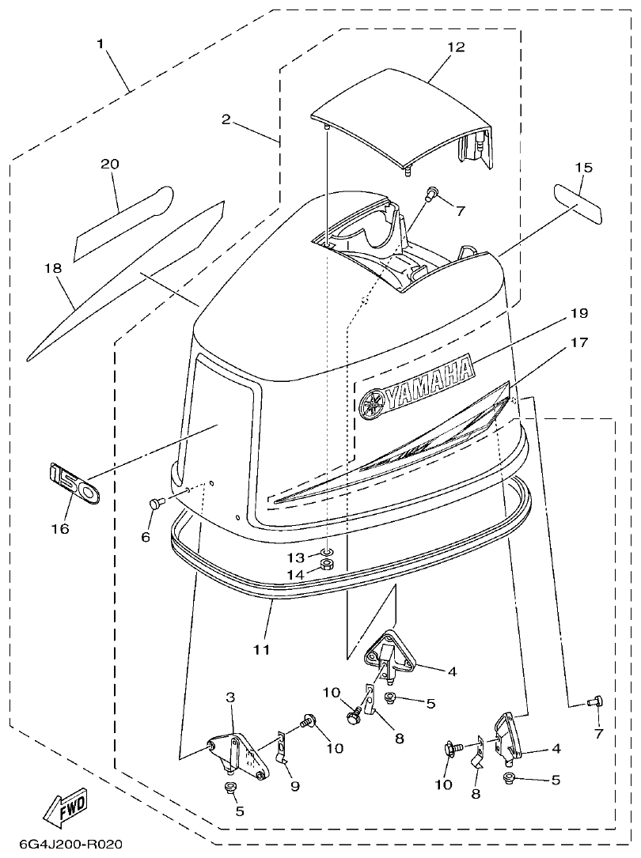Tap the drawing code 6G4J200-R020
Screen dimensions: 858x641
(x=63, y=845)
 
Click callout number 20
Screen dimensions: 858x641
(x=109, y=164)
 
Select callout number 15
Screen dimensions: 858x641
(x=582, y=168)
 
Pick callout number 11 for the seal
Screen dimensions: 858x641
(x=261, y=649)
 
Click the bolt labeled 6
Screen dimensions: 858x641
(x=155, y=503)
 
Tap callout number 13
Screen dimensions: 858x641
(x=295, y=558)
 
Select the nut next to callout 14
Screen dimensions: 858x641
(x=327, y=565)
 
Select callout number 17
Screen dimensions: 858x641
(x=578, y=343)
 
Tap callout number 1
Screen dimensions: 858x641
(x=101, y=43)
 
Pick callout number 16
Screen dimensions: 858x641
(x=61, y=528)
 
